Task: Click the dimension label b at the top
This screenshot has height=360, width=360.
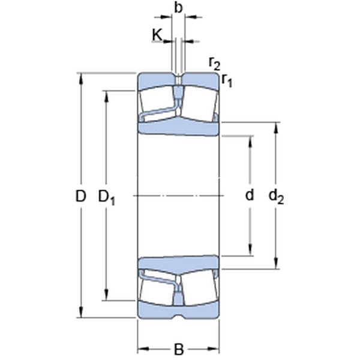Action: click(178, 8)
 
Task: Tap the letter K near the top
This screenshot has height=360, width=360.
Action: click(157, 35)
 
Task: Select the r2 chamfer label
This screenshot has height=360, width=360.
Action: click(214, 64)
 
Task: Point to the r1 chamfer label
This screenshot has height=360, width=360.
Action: click(227, 80)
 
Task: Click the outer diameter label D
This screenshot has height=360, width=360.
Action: click(80, 196)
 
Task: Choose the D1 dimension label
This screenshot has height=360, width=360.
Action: click(107, 197)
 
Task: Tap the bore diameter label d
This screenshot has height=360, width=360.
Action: click(250, 195)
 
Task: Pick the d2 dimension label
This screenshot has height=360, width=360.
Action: click(276, 197)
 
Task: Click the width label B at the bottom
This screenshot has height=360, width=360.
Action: click(179, 349)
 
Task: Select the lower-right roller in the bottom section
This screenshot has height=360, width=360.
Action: click(200, 287)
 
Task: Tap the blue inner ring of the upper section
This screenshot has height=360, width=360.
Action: click(178, 127)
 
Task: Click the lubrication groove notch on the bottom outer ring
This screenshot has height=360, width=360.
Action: click(178, 316)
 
